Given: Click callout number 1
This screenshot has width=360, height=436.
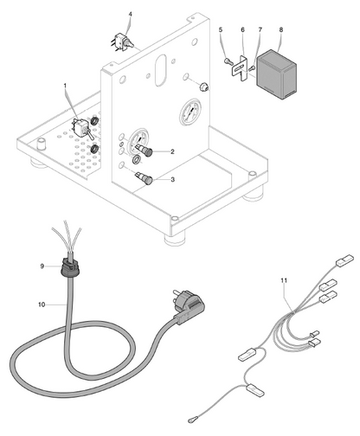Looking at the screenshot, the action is (x=65, y=86).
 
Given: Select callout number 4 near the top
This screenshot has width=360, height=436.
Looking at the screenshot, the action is (x=131, y=14).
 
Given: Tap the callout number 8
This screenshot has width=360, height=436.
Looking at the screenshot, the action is (x=281, y=29).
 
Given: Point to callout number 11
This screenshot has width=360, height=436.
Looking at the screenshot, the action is (x=284, y=280).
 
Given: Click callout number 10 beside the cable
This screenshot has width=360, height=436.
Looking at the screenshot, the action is (x=42, y=305).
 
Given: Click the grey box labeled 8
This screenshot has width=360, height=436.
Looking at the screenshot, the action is (x=277, y=74).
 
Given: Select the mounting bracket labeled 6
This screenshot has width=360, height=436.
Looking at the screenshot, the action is (x=240, y=68).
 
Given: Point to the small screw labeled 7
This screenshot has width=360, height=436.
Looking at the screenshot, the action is (x=251, y=68).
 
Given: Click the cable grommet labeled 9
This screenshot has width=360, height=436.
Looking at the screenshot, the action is (x=69, y=266).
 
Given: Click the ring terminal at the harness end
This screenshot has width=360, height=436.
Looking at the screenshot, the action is (x=192, y=420).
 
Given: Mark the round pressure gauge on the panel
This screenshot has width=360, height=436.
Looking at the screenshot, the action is (x=190, y=112).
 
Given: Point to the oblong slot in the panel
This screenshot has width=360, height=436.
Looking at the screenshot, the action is (x=160, y=71).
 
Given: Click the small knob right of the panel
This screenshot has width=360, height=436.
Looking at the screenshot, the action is (x=204, y=87).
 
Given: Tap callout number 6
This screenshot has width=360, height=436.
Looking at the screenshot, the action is (x=242, y=29).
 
